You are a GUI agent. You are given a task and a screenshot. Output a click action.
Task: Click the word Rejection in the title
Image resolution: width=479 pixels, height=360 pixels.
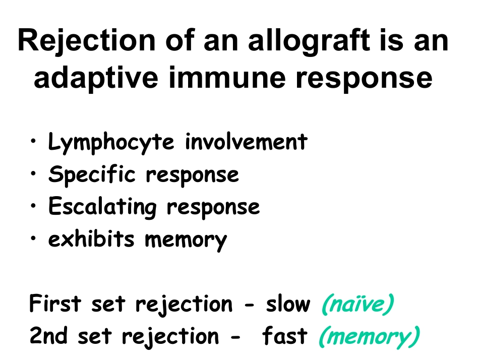(87, 41)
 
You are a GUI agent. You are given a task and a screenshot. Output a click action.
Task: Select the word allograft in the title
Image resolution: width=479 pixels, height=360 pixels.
(309, 41)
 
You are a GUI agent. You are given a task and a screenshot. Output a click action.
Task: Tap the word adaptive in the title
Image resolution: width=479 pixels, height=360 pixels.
(96, 78)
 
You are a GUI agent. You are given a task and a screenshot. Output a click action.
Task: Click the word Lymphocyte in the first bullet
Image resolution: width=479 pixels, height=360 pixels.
(111, 143)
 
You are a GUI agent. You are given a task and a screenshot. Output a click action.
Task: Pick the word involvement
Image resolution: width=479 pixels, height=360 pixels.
(246, 142)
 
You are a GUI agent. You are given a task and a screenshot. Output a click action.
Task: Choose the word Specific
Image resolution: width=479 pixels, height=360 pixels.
(92, 174)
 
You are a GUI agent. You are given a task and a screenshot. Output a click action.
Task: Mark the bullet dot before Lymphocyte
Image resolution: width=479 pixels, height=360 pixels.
(33, 141)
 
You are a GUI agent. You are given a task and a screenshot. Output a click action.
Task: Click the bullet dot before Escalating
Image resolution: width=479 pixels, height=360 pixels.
(33, 205)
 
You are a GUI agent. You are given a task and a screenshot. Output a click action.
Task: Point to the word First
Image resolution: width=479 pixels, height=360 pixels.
(55, 303)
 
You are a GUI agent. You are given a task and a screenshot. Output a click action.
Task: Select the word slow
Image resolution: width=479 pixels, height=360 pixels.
(288, 303)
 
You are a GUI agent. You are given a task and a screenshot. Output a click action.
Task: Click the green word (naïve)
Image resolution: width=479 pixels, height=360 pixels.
(358, 304)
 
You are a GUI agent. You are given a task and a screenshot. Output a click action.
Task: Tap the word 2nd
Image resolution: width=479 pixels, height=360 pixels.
(48, 336)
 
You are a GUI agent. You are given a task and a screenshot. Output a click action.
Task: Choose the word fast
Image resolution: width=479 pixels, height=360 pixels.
(284, 335)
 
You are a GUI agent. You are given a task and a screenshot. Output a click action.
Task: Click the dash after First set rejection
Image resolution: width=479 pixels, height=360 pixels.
(250, 305)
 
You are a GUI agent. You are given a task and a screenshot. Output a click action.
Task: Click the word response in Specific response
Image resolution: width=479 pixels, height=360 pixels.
(193, 176)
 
